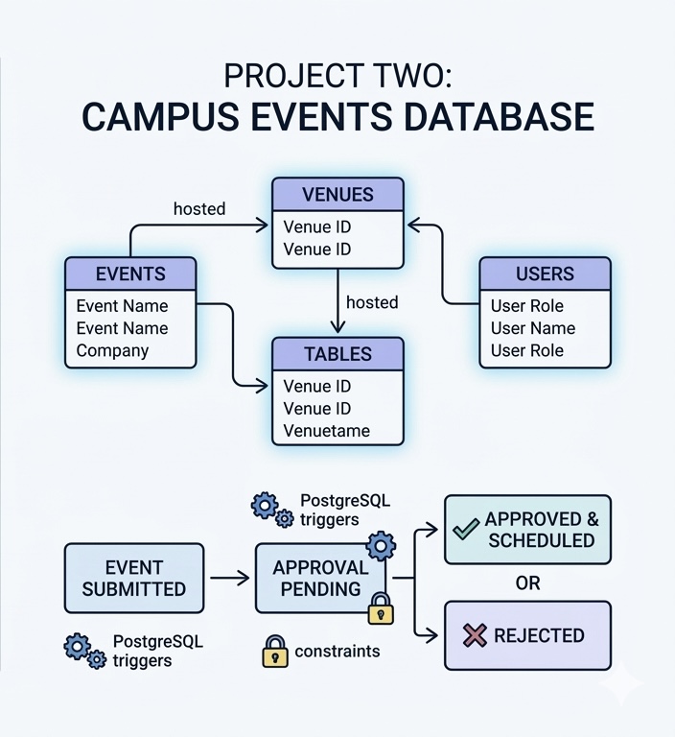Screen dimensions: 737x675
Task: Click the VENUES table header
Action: (337, 195)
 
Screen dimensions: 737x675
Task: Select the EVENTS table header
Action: (130, 274)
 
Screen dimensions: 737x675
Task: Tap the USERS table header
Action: (545, 274)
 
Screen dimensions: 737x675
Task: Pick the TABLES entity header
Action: (337, 354)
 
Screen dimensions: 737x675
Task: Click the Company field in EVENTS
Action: (112, 350)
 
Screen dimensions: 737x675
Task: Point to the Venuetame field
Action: (326, 431)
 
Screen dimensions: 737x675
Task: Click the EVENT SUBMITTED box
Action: (134, 579)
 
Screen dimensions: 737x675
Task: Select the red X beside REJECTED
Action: (475, 635)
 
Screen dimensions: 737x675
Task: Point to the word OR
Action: (527, 583)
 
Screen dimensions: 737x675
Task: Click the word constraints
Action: (337, 652)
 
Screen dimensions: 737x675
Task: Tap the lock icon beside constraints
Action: (275, 652)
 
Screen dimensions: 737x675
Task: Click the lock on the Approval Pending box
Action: (381, 608)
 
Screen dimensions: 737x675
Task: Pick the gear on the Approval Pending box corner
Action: (381, 547)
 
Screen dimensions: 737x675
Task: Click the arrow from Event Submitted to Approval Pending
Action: (229, 579)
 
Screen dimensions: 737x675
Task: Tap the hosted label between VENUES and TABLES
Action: (371, 302)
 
